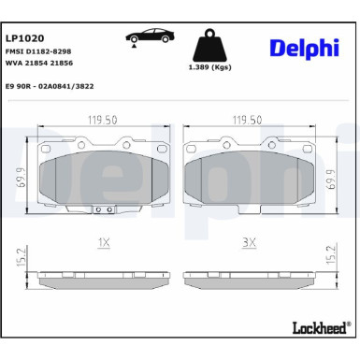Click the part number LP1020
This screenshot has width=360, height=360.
click(x=25, y=38)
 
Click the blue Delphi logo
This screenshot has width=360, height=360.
click(x=304, y=49)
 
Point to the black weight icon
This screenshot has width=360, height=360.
click(x=210, y=45)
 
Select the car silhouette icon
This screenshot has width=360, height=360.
click(x=150, y=36)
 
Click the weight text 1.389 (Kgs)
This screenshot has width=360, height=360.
click(x=210, y=67)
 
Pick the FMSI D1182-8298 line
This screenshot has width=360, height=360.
click(x=38, y=51)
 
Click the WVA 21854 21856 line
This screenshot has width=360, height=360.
click(x=39, y=63)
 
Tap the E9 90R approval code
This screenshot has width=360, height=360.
click(x=50, y=86)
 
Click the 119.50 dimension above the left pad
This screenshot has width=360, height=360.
click(x=103, y=120)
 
